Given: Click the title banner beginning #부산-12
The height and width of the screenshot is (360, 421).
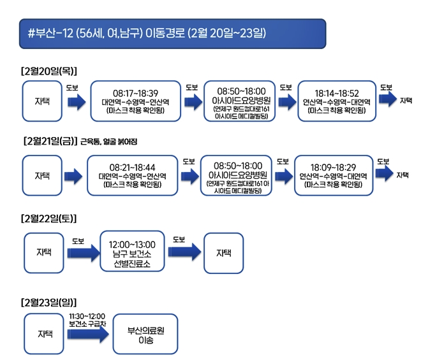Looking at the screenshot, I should click(172, 34).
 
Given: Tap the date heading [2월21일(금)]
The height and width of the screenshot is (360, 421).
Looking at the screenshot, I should click(48, 141).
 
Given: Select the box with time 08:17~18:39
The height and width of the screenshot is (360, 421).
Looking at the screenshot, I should click(135, 101).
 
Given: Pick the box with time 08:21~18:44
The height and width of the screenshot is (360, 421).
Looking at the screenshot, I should click(132, 175).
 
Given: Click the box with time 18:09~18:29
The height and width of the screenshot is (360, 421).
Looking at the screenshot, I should click(333, 175).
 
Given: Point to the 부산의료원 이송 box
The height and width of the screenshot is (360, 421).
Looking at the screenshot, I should click(145, 335).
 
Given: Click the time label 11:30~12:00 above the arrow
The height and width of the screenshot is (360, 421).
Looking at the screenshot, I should click(87, 316).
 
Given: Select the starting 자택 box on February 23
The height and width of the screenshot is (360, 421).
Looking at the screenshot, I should click(45, 335).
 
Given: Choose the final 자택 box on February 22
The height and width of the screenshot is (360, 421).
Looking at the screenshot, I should click(223, 254).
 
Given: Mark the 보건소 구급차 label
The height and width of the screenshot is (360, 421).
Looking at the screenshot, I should click(87, 323).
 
